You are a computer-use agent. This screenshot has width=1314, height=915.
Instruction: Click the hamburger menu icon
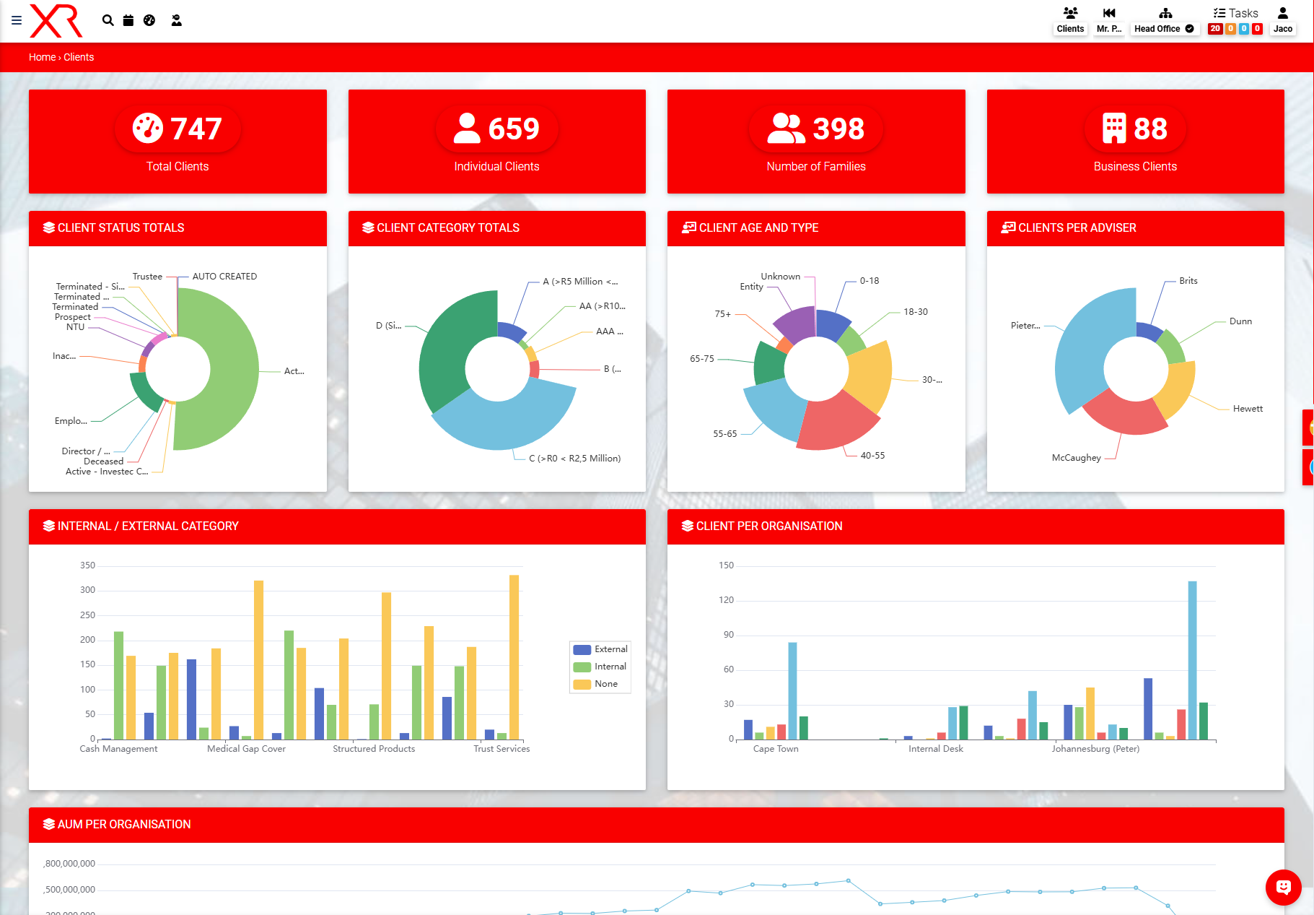17,20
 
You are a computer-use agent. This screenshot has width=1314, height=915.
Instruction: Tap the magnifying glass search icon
108,20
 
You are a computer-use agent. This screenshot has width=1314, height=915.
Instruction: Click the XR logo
56,20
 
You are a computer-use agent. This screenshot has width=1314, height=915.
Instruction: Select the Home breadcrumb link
42,57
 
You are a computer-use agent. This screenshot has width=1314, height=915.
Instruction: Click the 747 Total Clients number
196,129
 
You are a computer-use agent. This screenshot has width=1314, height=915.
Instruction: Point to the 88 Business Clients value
1150,129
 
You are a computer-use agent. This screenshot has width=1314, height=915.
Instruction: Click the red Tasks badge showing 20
1215,29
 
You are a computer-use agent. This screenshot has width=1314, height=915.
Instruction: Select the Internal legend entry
610,667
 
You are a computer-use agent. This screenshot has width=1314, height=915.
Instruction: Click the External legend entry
610,649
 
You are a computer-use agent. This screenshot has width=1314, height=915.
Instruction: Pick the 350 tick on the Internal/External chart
87,565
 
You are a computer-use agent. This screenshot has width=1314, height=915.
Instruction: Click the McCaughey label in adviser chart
1076,458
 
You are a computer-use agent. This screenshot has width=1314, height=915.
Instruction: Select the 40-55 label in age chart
872,456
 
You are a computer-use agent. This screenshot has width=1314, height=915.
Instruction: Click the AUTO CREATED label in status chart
224,277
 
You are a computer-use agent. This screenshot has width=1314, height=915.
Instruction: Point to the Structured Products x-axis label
374,749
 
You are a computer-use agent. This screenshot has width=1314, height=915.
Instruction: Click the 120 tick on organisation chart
726,600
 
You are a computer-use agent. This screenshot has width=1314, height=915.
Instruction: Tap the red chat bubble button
1283,888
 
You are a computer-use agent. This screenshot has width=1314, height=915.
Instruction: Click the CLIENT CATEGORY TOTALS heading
447,228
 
